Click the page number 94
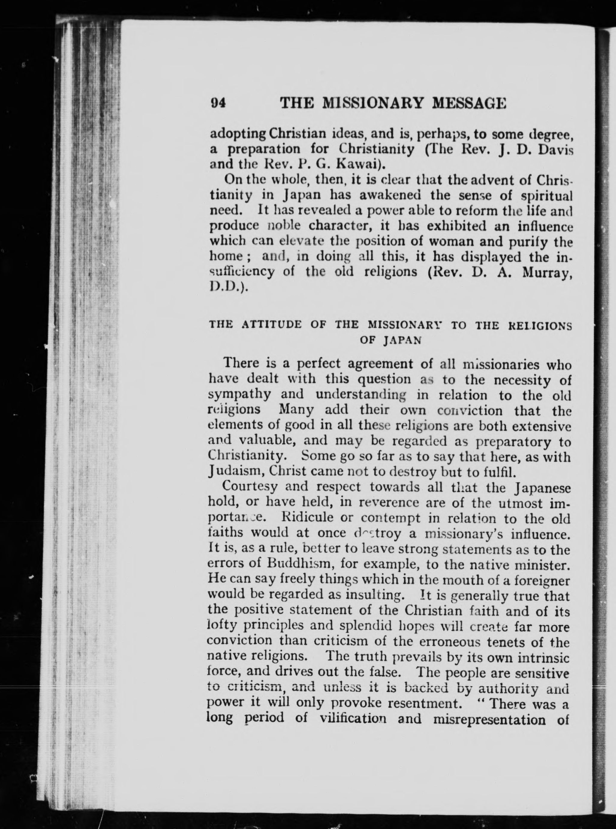point(218,103)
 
